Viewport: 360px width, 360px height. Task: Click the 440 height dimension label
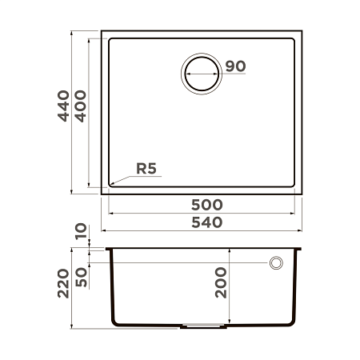63,106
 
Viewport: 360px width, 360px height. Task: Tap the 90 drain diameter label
234,66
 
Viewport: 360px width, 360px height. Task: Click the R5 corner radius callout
147,169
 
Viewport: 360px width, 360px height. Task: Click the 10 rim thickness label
80,232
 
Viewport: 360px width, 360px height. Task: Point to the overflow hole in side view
277,262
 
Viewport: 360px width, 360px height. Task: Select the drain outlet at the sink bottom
203,326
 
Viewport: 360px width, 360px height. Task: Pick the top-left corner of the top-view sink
101,33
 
